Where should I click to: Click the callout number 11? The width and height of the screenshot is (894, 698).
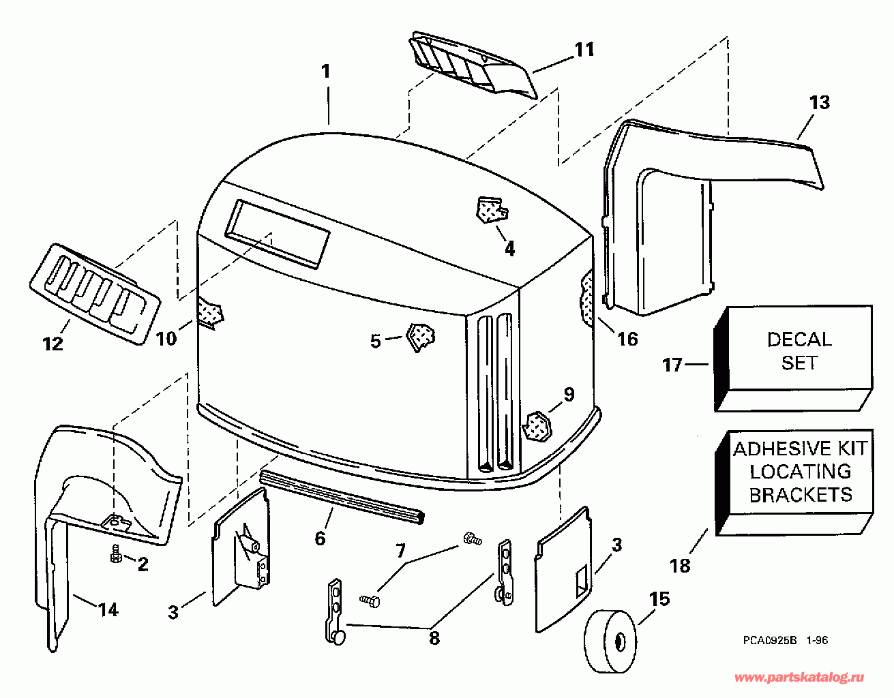pos(584,49)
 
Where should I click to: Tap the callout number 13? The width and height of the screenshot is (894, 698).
pos(819,102)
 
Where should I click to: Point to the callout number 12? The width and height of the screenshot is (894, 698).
pos(53,343)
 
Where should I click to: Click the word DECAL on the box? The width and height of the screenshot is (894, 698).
pos(799,339)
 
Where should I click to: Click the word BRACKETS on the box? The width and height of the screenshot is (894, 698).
pos(801,494)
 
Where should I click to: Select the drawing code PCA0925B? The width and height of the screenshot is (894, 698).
pos(770,641)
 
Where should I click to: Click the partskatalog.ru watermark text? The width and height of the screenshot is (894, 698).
pos(800,678)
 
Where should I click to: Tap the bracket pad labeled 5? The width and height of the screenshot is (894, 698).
pos(420,336)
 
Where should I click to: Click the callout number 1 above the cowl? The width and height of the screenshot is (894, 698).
pos(326,72)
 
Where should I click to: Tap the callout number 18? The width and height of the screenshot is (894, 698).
pos(680,565)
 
